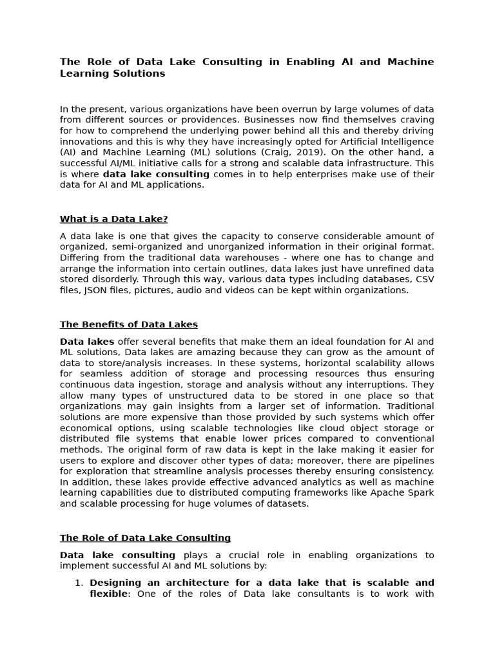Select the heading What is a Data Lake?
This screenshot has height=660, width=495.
click(x=113, y=219)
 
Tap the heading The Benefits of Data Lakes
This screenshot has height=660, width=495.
click(x=129, y=324)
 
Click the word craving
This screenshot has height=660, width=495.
click(x=416, y=120)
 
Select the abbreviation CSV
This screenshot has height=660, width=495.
click(x=423, y=280)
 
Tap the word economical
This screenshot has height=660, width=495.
click(x=89, y=428)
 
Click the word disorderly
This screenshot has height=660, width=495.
click(x=111, y=280)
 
